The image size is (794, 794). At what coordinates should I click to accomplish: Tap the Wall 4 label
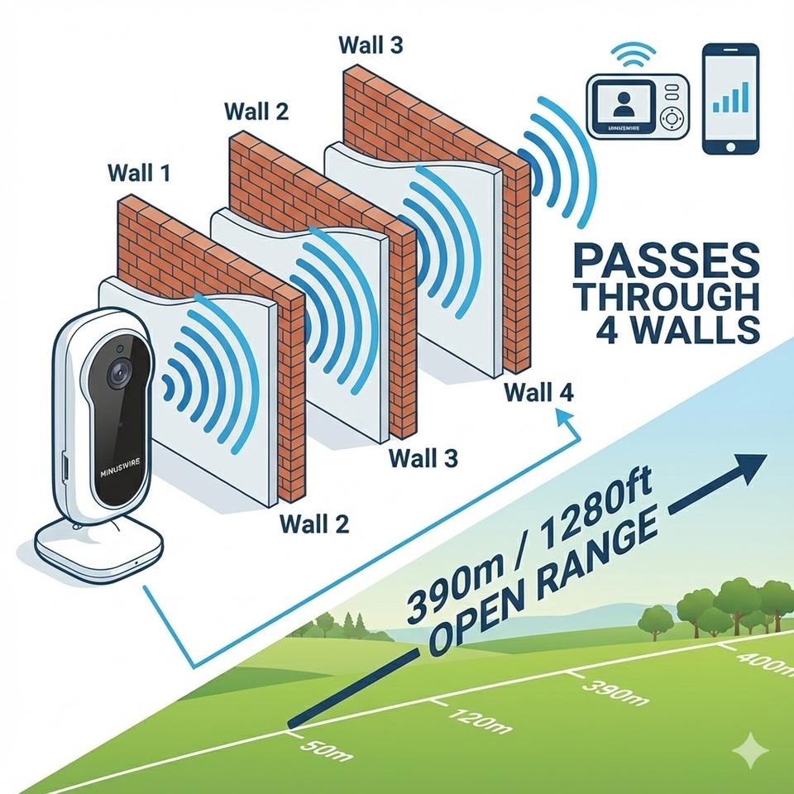pyautogui.click(x=538, y=391)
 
